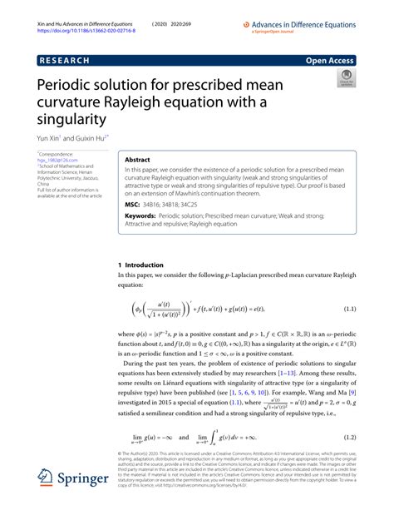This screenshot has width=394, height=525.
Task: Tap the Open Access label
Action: (x=331, y=61)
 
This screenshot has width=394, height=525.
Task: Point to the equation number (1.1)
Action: (x=347, y=310)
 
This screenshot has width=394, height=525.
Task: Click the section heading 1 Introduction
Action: (x=142, y=265)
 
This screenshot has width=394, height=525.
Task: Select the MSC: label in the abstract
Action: (x=131, y=203)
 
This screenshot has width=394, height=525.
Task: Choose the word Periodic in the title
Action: (x=70, y=86)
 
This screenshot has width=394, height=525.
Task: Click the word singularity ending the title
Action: (x=74, y=120)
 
